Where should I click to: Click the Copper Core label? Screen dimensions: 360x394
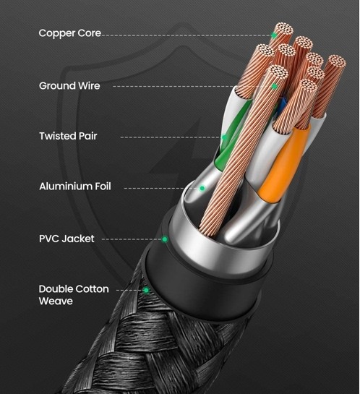pyautogui.click(x=70, y=33)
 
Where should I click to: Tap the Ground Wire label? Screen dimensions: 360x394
pyautogui.click(x=69, y=86)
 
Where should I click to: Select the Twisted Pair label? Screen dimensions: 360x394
pyautogui.click(x=68, y=136)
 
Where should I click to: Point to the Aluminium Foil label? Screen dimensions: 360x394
pyautogui.click(x=75, y=187)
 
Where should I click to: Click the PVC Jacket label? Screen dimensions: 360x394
pyautogui.click(x=67, y=239)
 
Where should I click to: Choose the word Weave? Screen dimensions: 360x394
pyautogui.click(x=56, y=301)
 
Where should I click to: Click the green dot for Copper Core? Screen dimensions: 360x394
pyautogui.click(x=274, y=35)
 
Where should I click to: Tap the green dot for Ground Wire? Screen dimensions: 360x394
pyautogui.click(x=275, y=87)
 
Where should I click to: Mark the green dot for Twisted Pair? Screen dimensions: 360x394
pyautogui.click(x=224, y=137)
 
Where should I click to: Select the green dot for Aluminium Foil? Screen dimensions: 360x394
pyautogui.click(x=202, y=188)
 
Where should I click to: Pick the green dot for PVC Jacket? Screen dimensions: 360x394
pyautogui.click(x=165, y=239)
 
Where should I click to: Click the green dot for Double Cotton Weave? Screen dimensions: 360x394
pyautogui.click(x=146, y=291)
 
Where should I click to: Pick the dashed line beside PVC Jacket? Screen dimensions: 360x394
pyautogui.click(x=132, y=239)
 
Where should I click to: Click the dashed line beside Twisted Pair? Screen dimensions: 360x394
pyautogui.click(x=171, y=137)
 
